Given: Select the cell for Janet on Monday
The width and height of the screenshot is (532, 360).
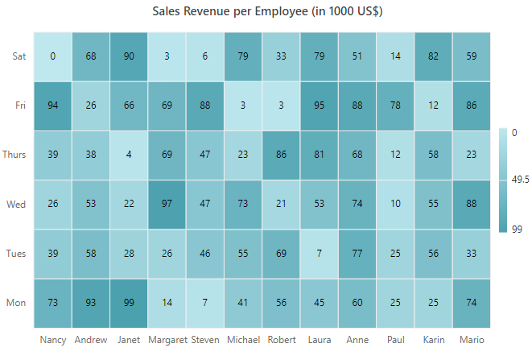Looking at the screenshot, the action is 129,303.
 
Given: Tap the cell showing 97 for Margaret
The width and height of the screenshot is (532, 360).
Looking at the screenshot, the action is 167,204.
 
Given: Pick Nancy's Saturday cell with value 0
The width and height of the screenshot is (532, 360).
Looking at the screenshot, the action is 52,56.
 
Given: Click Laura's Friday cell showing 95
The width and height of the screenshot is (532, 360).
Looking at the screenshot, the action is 319,106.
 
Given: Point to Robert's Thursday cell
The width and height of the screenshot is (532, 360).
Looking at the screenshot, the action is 281,155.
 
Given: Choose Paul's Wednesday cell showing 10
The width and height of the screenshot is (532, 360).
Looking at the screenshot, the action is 395,204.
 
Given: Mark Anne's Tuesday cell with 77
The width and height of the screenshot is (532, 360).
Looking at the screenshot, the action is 357,254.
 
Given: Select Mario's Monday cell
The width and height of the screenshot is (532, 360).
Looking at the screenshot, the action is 472,303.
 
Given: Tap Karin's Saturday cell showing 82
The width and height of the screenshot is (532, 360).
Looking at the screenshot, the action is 433,56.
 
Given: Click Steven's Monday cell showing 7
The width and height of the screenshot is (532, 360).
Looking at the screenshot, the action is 204,303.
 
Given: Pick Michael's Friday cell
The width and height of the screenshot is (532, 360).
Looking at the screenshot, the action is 243,106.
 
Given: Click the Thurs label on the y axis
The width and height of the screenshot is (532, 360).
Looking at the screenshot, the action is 14,155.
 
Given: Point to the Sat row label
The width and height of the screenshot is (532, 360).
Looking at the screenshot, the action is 19,56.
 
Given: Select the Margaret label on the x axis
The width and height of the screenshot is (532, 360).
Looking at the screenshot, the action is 167,340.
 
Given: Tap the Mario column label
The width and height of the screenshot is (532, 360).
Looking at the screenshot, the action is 472,340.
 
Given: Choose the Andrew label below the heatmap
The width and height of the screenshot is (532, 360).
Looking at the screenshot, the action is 91,340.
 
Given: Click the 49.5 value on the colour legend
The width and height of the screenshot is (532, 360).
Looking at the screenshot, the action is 520,180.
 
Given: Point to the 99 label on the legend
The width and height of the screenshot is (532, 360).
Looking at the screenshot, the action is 517,230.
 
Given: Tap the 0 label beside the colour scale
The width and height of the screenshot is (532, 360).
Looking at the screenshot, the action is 514,132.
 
